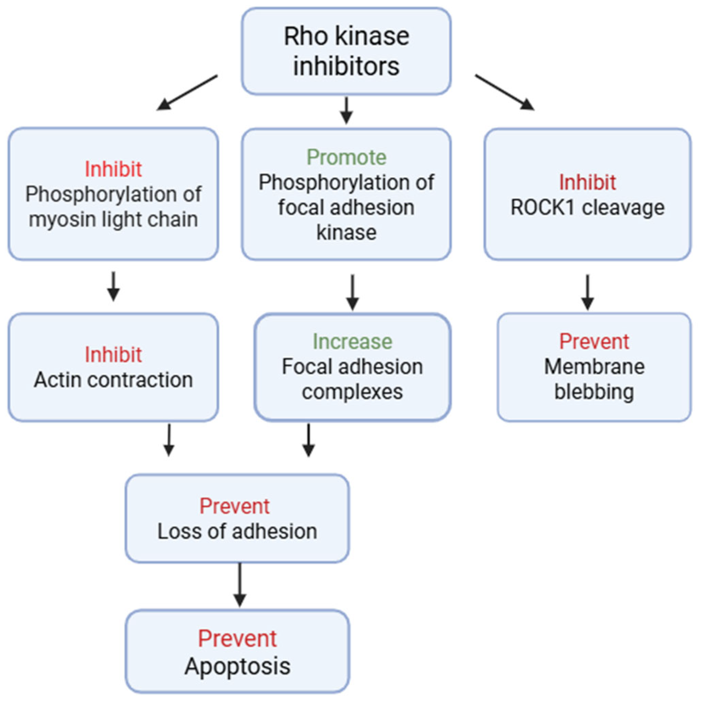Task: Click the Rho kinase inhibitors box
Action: point(346,51)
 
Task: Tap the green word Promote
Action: point(346,158)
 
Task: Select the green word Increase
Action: point(352,341)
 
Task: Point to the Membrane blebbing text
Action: point(594,379)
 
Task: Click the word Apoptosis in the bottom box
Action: point(237,667)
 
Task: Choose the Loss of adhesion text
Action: point(237,531)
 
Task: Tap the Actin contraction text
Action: point(113,380)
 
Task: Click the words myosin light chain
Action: point(113,219)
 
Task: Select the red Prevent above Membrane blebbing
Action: point(594,341)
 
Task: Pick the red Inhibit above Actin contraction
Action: point(113,354)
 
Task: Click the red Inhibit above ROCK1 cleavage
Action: point(587,182)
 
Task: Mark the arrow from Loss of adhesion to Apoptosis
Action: point(239,585)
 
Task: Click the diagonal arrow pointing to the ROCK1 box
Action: point(504,92)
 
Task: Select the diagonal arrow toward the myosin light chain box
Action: point(187,92)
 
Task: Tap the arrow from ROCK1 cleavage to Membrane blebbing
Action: point(587,292)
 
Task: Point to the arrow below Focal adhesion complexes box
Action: point(309,440)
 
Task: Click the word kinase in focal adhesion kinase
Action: point(346,232)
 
